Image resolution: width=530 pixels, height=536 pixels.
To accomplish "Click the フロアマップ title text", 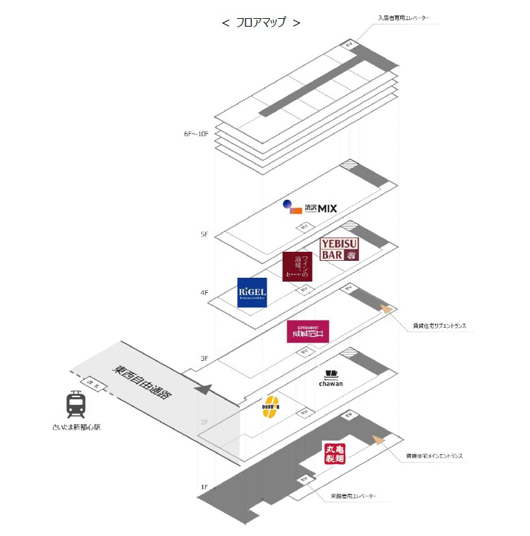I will click(261, 22).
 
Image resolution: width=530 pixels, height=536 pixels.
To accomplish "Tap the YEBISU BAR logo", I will click(339, 249).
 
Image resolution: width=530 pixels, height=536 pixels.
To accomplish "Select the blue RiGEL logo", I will click(252, 293).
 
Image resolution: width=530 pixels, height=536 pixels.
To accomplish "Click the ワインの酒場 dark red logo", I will click(297, 266).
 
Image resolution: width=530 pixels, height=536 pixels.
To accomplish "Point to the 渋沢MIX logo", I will click(311, 208).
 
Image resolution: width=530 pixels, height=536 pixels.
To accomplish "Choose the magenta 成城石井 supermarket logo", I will click(308, 332).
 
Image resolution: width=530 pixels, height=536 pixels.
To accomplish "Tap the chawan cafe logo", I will click(331, 378).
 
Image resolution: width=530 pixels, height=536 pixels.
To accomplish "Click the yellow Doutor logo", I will click(271, 407).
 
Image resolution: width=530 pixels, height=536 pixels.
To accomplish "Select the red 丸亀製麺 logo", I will click(333, 453).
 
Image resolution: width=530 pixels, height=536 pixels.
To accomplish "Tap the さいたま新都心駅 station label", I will click(77, 427).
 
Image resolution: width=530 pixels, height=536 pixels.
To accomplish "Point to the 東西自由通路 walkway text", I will click(143, 383).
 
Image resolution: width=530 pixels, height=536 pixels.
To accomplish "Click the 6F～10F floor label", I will click(196, 134).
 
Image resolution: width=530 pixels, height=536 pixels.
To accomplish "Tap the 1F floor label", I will click(204, 487).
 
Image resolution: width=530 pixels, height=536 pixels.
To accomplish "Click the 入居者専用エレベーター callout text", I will click(404, 18).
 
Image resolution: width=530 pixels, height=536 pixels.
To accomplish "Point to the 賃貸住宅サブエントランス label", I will click(440, 326).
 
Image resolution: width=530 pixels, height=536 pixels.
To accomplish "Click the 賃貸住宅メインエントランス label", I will click(434, 456).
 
